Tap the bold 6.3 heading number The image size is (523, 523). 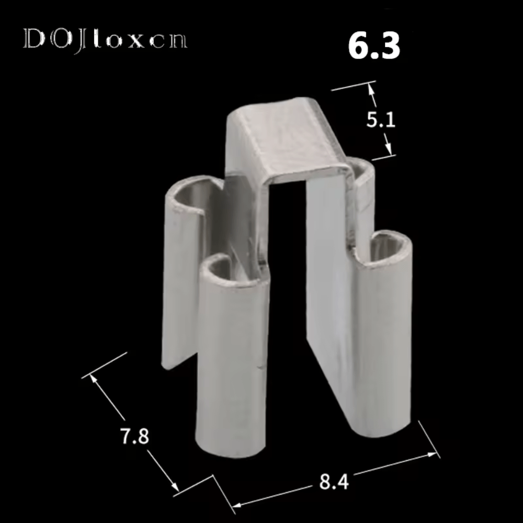[374, 46]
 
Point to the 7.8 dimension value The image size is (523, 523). [134, 436]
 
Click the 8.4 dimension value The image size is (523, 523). [334, 481]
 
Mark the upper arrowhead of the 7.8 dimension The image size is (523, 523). [94, 379]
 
